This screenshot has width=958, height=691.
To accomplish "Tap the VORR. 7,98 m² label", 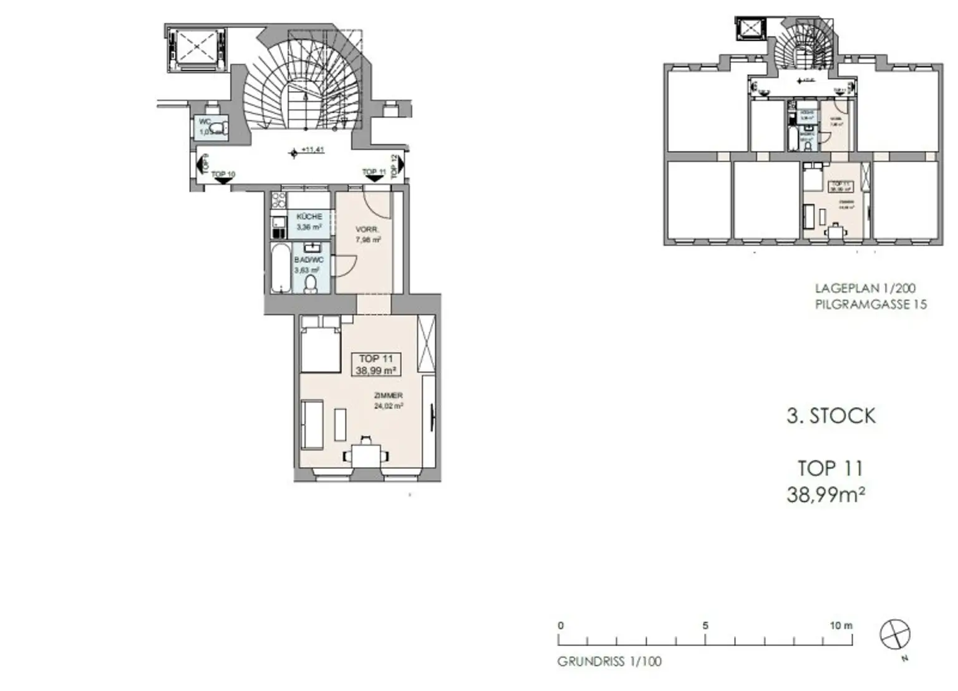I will pyautogui.click(x=368, y=234).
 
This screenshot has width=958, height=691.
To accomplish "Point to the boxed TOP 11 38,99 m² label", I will pyautogui.click(x=377, y=364).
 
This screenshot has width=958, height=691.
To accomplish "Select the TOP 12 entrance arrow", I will pyautogui.click(x=400, y=166).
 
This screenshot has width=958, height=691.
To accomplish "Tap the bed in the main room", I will pyautogui.click(x=320, y=343).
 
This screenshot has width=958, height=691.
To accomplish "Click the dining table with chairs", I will pyautogui.click(x=365, y=453).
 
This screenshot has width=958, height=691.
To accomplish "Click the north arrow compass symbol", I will pyautogui.click(x=894, y=635).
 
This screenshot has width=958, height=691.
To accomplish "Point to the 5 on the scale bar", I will pyautogui.click(x=705, y=626).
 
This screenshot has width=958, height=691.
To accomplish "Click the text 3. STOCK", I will pyautogui.click(x=831, y=416).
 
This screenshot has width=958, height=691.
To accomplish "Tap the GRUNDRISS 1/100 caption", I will pyautogui.click(x=609, y=661).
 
